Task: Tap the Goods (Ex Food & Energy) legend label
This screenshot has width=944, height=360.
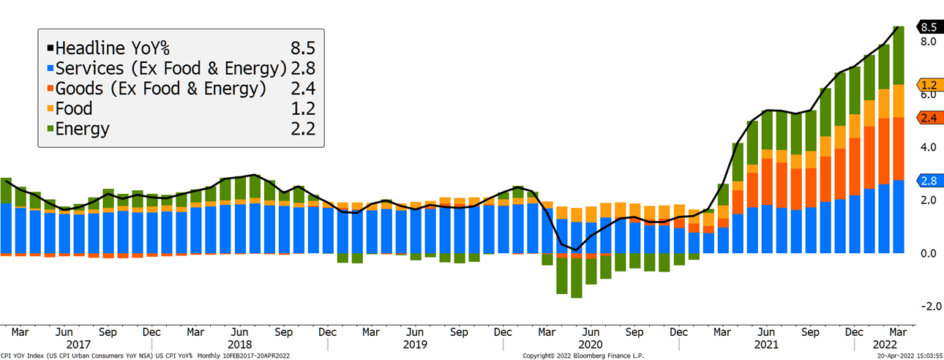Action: (x=160, y=89)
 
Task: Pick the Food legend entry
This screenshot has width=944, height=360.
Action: (x=73, y=109)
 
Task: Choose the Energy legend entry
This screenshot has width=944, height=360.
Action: (x=82, y=130)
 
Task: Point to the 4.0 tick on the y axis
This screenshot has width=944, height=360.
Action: (x=928, y=147)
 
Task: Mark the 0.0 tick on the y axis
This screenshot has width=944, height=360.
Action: (x=928, y=253)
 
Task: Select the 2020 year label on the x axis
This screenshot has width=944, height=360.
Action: (x=591, y=344)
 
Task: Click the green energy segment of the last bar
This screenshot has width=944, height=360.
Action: (x=898, y=55)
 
